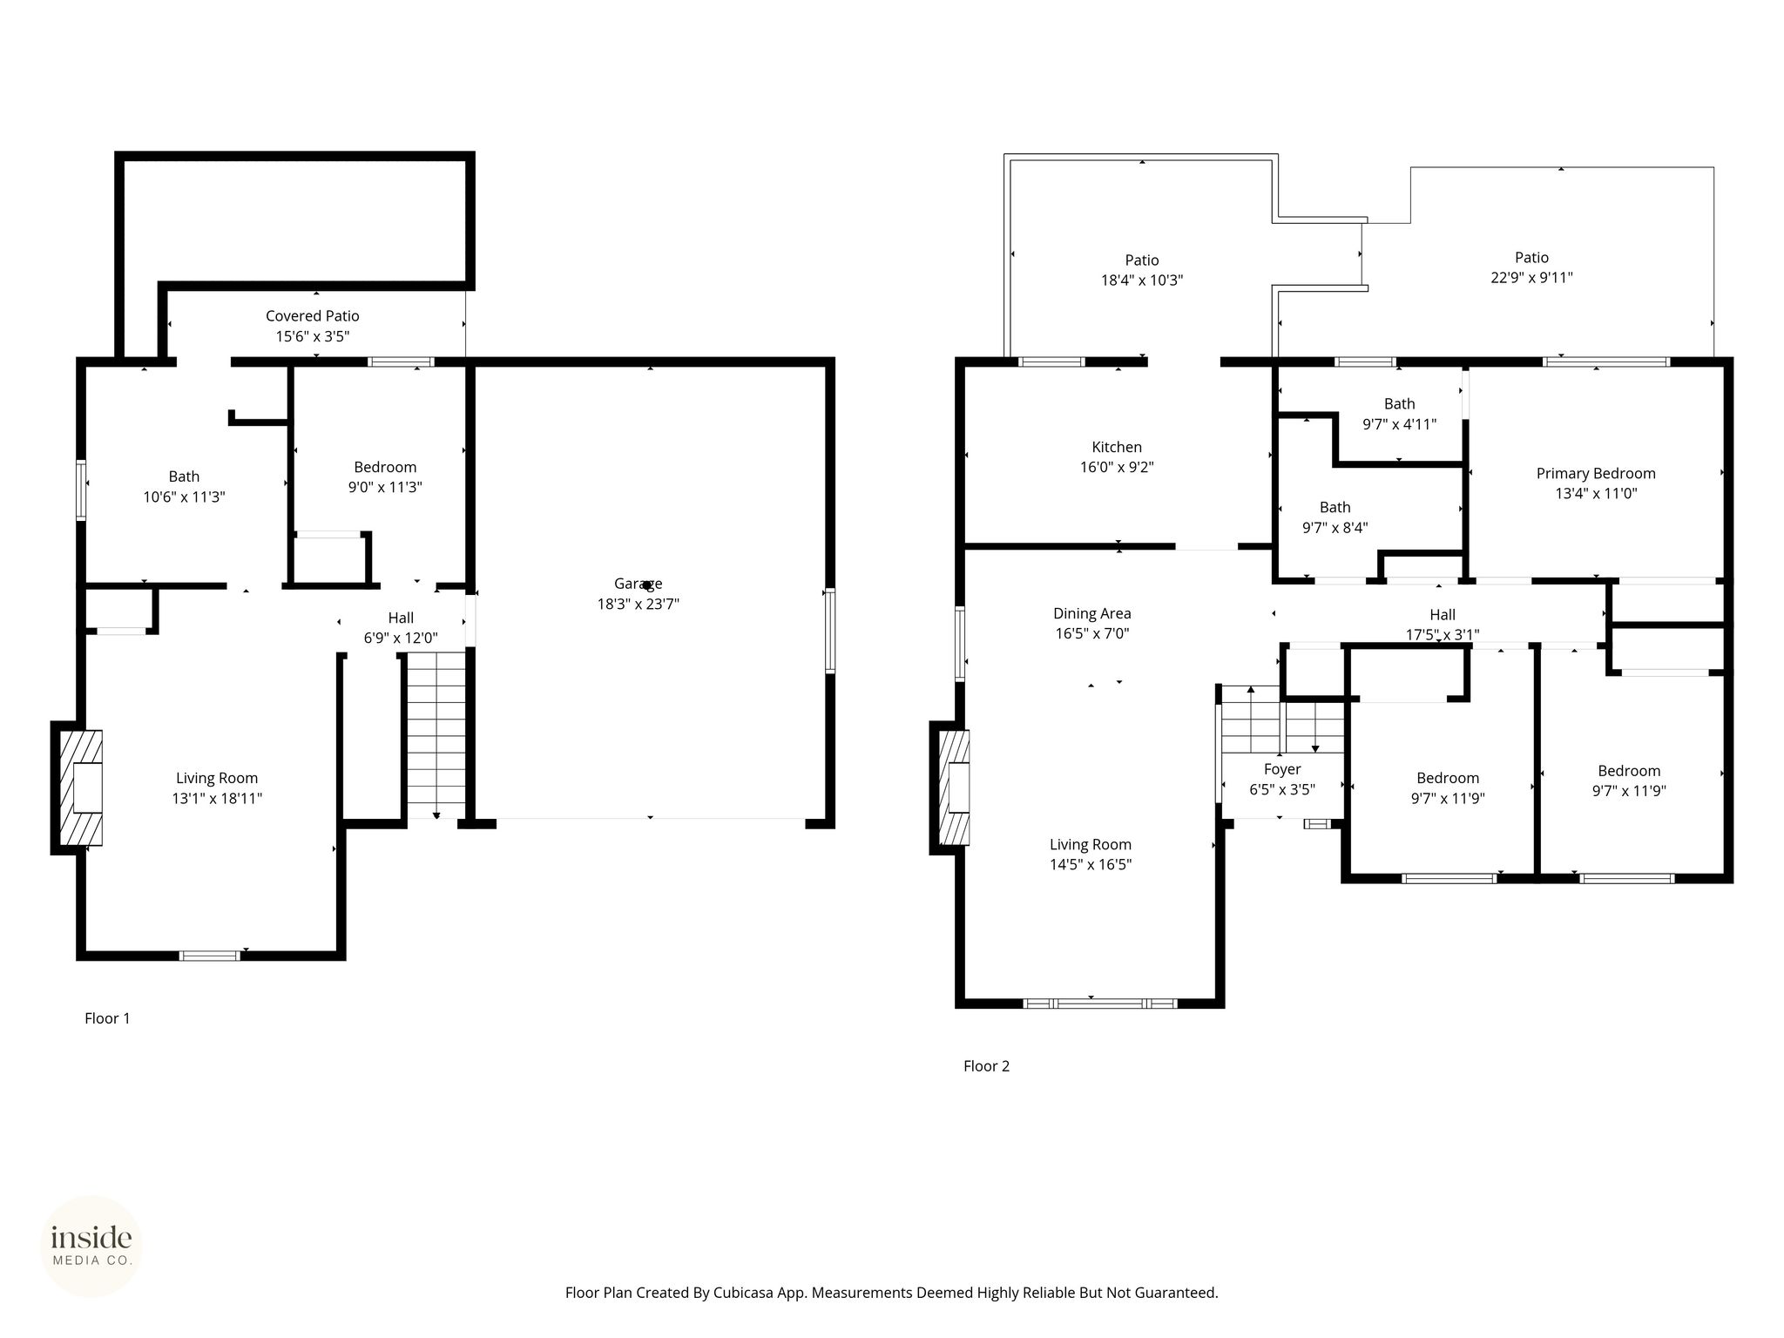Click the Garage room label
pyautogui.click(x=638, y=584)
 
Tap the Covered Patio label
pyautogui.click(x=312, y=316)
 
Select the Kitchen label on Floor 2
pyautogui.click(x=1117, y=447)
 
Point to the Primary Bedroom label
pyautogui.click(x=1596, y=474)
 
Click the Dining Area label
pyautogui.click(x=1092, y=613)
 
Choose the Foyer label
pyautogui.click(x=1282, y=769)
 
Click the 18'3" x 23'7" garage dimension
pyautogui.click(x=638, y=604)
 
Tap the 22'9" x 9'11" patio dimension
pyautogui.click(x=1531, y=278)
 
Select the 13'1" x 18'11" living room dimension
pyautogui.click(x=217, y=798)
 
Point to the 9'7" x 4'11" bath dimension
pyautogui.click(x=1399, y=424)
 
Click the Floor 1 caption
pyautogui.click(x=107, y=1018)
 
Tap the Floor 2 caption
pyautogui.click(x=986, y=1066)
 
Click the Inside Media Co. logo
pyautogui.click(x=91, y=1247)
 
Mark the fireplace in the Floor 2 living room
pyautogui.click(x=953, y=787)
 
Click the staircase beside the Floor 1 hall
pyautogui.click(x=436, y=735)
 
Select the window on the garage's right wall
pyautogui.click(x=830, y=631)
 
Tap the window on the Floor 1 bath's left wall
pyautogui.click(x=81, y=490)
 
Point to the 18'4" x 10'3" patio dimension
pyautogui.click(x=1142, y=280)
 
